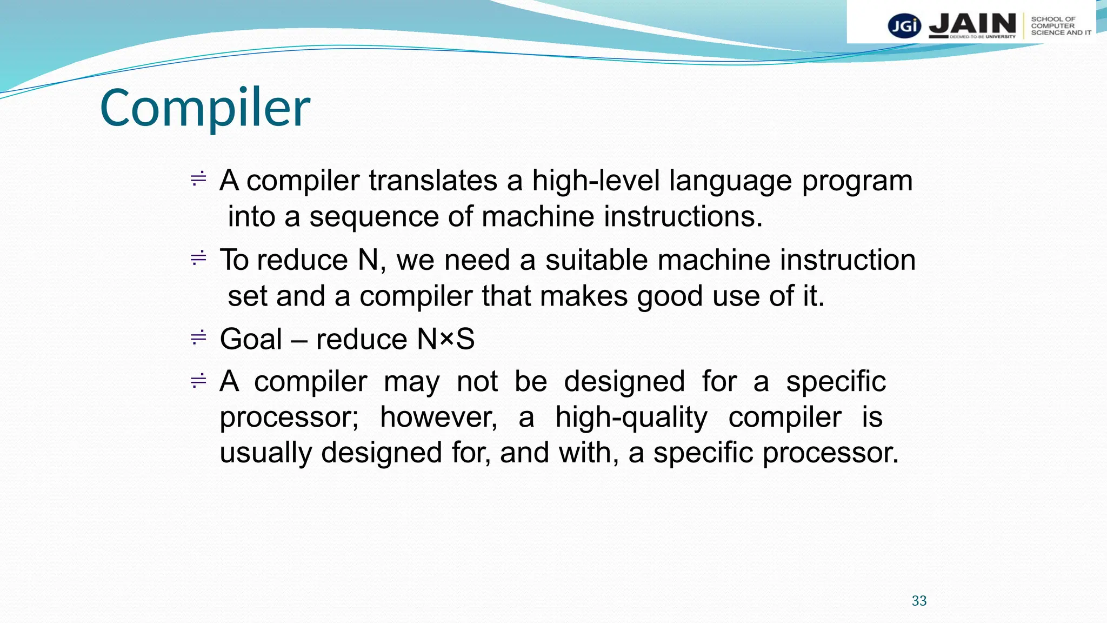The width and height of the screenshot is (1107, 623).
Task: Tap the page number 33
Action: click(919, 601)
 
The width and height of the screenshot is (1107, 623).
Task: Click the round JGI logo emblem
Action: click(904, 26)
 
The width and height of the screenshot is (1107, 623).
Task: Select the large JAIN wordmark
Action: click(972, 24)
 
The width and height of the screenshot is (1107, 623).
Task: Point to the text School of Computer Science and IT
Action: click(1060, 26)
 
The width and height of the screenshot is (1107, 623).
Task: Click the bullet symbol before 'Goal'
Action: click(198, 338)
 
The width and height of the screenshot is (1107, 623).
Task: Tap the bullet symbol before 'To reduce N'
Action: click(198, 259)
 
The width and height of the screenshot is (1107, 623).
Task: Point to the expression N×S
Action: click(445, 340)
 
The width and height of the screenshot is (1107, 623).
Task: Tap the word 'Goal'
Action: click(251, 340)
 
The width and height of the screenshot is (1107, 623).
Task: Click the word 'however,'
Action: click(438, 417)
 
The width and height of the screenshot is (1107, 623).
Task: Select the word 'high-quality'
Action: click(631, 418)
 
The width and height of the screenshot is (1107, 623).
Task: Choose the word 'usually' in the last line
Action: click(265, 453)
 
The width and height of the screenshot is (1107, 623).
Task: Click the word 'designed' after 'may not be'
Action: click(624, 382)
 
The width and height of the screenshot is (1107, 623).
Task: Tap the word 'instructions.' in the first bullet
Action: click(683, 217)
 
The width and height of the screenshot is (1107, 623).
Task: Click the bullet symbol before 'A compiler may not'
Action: click(198, 381)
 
